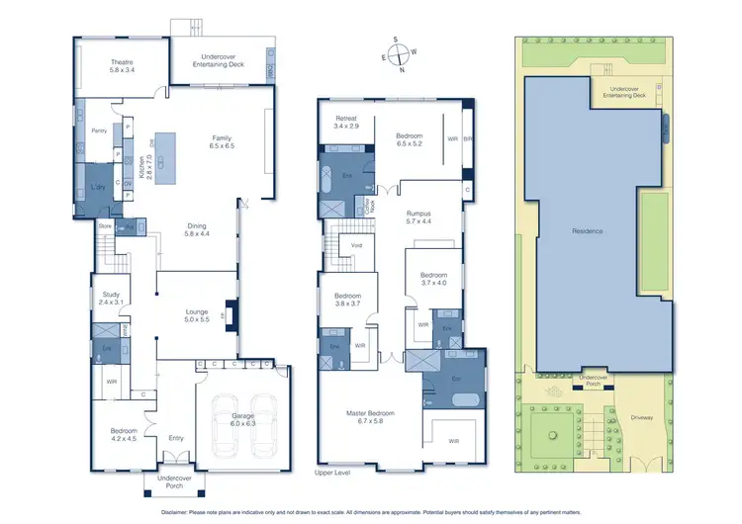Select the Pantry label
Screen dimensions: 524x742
tap(99, 131)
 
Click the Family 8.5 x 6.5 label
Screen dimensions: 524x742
tap(222, 141)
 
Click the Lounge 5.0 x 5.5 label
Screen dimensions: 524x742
tap(197, 316)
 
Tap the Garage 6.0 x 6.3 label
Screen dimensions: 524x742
tap(242, 419)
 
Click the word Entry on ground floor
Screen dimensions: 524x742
tap(176, 438)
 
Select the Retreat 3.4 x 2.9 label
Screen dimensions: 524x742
tap(345, 123)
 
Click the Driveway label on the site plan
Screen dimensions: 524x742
tap(647, 419)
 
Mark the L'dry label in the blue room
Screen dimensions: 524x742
tap(98, 187)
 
